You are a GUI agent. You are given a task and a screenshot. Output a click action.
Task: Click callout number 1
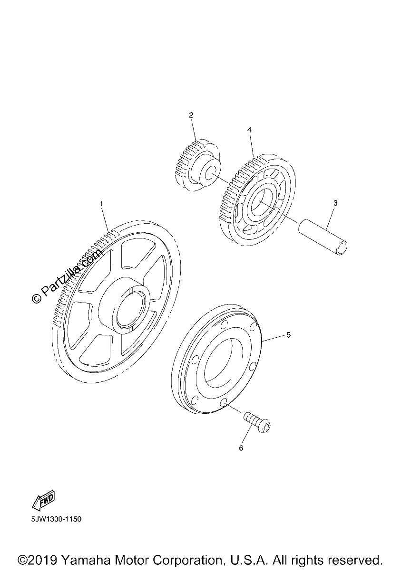(101, 204)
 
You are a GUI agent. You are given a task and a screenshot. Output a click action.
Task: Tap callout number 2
(191, 115)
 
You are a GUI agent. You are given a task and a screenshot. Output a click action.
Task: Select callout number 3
(335, 203)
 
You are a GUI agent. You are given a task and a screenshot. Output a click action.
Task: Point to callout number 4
(249, 130)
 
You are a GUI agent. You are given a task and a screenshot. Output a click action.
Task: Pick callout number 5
(288, 335)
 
